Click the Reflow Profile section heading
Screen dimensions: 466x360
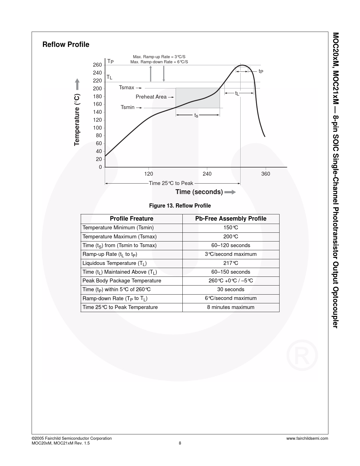coord(66,45)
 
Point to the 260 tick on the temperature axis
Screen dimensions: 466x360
coord(97,65)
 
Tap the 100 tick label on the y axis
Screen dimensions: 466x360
coord(97,128)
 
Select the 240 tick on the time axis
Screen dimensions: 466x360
coord(207,174)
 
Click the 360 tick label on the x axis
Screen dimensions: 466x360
coord(266,174)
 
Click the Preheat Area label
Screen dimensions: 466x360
coord(151,97)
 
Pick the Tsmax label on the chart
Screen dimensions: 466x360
coord(126,88)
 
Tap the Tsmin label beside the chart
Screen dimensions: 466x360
coord(128,107)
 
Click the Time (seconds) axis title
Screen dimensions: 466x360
coord(199,192)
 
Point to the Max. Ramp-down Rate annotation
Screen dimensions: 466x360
coord(159,62)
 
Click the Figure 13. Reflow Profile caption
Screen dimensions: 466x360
coord(180,206)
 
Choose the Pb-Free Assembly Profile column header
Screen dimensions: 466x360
coord(231,219)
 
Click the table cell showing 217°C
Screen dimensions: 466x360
coord(231,263)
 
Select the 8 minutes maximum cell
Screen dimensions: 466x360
coord(231,307)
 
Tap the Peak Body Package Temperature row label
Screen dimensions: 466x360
coord(122,281)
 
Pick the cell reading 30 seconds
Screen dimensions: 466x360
coord(231,289)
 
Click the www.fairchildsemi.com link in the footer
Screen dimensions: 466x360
coord(307,438)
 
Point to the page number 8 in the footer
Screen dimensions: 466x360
coord(180,443)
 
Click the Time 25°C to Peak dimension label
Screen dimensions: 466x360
coord(171,183)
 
